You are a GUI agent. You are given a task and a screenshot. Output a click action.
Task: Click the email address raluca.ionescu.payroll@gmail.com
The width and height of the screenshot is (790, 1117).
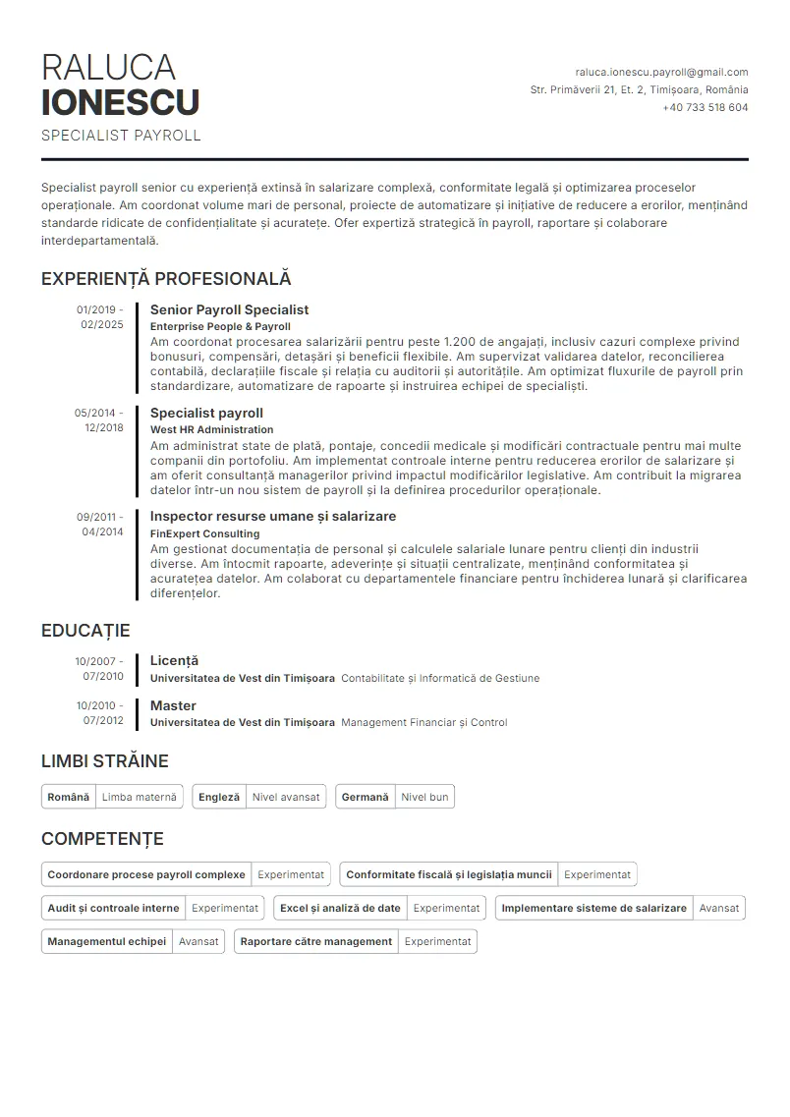tap(661, 72)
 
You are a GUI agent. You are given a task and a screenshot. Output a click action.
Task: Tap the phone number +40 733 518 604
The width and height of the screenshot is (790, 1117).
tap(705, 107)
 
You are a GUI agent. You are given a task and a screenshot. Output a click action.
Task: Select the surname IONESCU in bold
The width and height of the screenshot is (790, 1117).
tap(121, 102)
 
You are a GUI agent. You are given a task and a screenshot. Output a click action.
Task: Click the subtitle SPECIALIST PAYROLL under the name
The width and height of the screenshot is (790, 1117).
tap(121, 136)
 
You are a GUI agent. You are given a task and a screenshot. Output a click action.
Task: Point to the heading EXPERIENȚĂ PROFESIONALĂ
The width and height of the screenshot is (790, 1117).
tap(166, 279)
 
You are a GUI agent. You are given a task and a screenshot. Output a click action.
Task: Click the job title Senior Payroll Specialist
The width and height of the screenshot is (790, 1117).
tap(229, 309)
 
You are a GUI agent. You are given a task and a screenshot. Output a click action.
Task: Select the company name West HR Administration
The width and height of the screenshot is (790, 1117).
tap(211, 429)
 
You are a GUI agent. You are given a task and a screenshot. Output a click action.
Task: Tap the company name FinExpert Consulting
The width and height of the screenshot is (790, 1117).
tap(204, 533)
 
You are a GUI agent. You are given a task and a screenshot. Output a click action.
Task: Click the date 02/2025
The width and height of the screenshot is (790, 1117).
tap(102, 324)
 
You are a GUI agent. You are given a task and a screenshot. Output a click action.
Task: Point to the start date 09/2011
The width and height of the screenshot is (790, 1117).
tap(98, 516)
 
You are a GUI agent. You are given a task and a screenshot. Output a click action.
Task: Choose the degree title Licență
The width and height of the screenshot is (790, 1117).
tap(174, 660)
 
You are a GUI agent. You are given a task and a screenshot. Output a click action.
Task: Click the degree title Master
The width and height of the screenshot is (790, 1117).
tap(173, 705)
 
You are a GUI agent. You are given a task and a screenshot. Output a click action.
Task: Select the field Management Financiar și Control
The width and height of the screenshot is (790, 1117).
tap(423, 722)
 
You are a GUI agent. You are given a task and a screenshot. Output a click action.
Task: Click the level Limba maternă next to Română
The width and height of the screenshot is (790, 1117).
tap(139, 797)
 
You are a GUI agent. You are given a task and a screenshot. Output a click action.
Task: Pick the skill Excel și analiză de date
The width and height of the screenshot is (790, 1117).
tap(340, 908)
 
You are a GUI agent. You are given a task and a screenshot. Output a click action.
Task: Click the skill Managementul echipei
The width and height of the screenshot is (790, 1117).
tap(106, 941)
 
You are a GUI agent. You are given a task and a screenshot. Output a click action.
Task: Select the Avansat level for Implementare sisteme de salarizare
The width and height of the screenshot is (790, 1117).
tap(718, 908)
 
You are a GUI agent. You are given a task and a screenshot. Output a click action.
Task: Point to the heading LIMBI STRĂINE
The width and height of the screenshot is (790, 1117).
tap(105, 760)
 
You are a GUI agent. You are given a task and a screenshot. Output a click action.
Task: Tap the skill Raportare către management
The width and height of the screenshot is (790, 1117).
tap(315, 941)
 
